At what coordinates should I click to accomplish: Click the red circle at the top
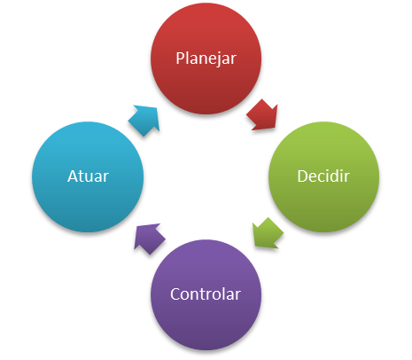point(206,59)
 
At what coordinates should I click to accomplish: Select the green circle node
point(324,176)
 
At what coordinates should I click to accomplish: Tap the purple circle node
point(206,294)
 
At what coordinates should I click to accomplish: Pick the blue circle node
point(88,176)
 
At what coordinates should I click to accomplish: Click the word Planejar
point(206,59)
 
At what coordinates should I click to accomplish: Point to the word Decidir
point(323,176)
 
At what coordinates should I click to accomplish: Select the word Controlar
point(206,294)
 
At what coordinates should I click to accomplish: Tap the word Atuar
point(88,176)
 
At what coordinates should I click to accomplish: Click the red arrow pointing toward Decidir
point(262,114)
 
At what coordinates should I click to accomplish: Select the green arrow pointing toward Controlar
point(268,233)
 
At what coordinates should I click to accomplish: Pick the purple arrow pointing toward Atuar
point(150,239)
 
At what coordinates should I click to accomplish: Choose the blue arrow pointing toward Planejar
point(144,121)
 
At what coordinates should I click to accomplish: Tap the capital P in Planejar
point(180,59)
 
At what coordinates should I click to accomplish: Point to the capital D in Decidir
point(303,176)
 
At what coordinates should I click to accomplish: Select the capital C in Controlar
point(175,294)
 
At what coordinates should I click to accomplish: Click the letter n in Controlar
point(198,296)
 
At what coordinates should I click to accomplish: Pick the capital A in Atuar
point(74,176)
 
